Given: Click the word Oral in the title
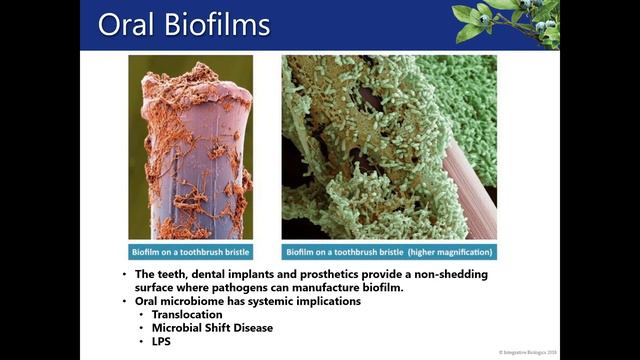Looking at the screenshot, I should click(127, 25).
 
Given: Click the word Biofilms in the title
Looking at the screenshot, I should click(217, 25).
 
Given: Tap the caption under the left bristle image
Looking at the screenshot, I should click(190, 252).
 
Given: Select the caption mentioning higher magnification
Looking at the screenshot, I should click(389, 252).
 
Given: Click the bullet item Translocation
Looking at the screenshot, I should click(187, 314).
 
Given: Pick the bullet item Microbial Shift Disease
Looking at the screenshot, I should click(213, 327).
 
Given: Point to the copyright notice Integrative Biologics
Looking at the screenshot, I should click(527, 353).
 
